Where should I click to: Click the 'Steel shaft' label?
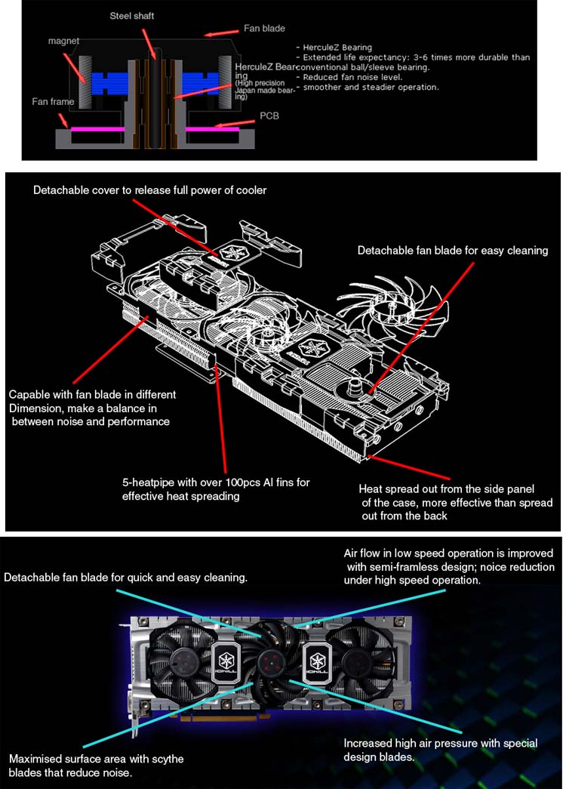(132, 16)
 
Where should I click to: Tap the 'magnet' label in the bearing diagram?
(63, 41)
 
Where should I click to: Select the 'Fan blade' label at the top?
(264, 29)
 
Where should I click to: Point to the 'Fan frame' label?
(53, 102)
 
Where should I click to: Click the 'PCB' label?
(269, 116)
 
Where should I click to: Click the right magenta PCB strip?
(212, 129)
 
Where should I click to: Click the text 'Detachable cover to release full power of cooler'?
(150, 190)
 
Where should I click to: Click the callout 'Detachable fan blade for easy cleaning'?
(453, 251)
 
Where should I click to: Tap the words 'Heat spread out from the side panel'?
(446, 489)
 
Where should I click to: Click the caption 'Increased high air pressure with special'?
(440, 743)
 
